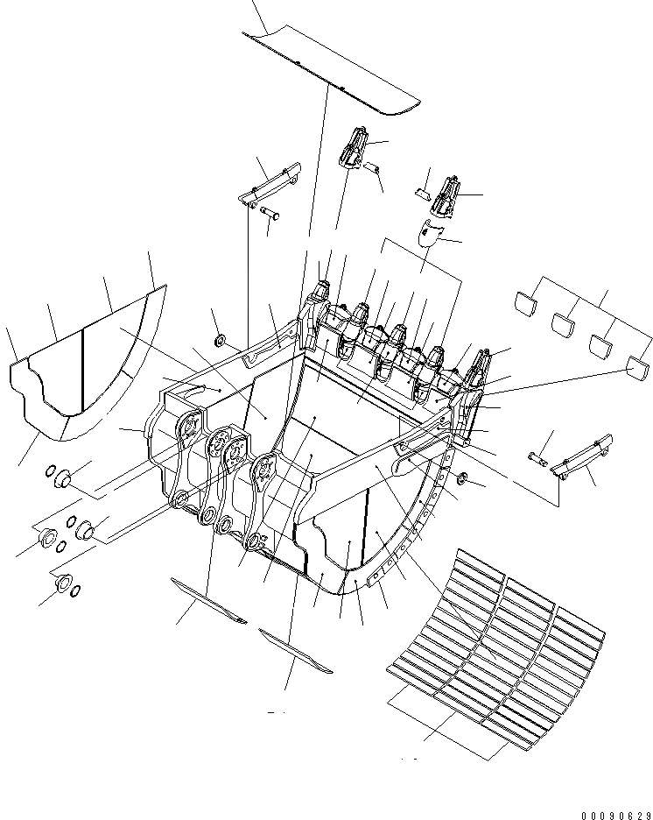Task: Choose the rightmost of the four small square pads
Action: (636, 368)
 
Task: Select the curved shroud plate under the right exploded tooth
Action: (428, 234)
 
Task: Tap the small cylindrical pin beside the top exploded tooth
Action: (371, 167)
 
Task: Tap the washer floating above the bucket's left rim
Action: (219, 339)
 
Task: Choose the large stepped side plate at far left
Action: (83, 368)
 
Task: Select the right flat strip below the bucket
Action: (296, 652)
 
